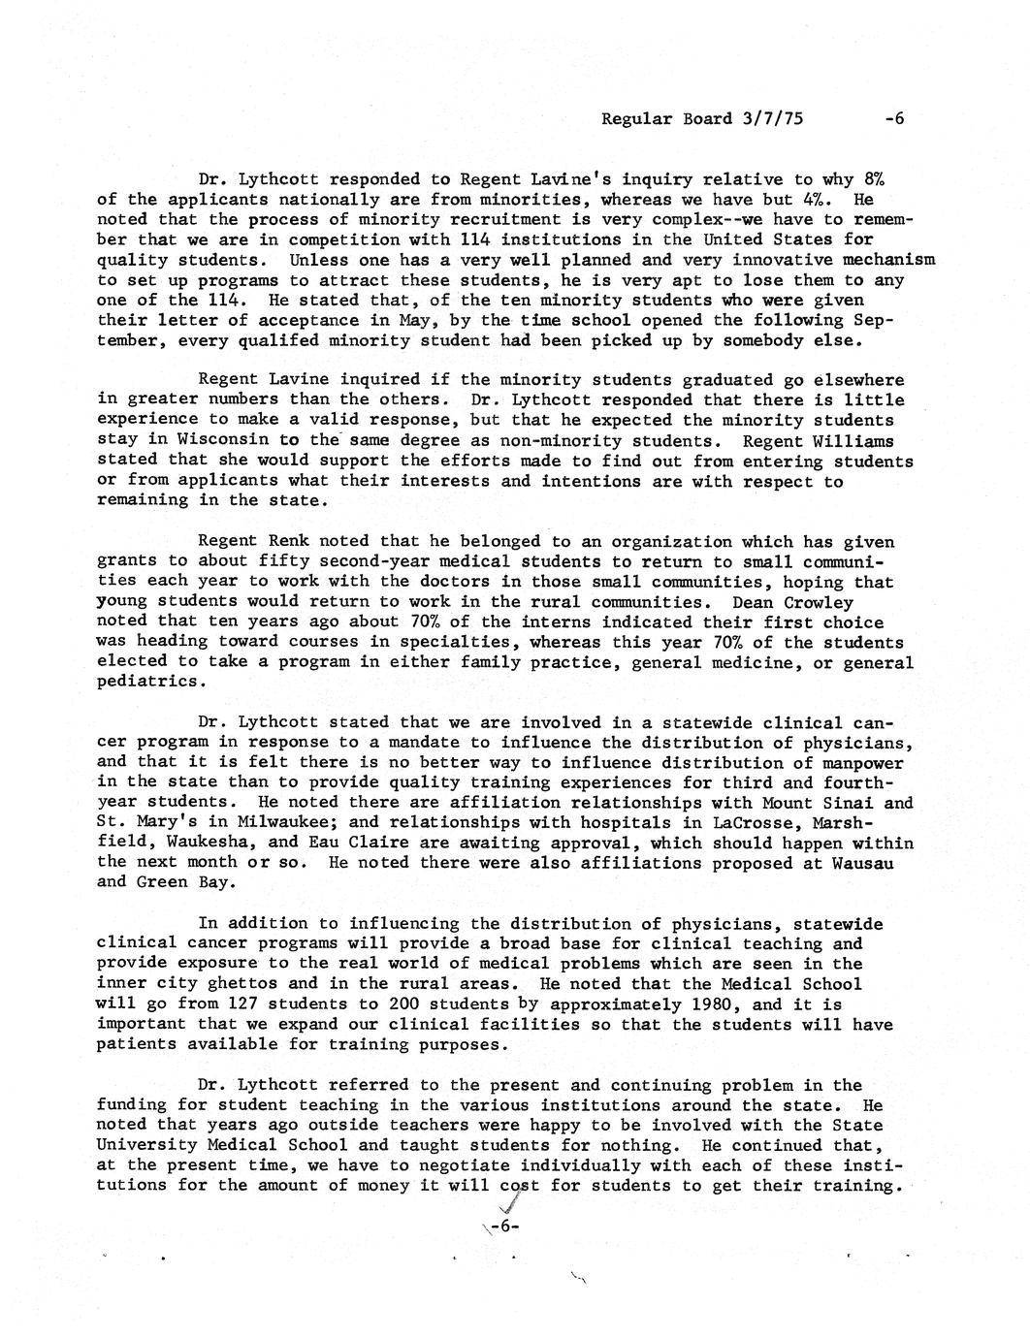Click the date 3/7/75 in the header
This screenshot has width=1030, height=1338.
(x=774, y=119)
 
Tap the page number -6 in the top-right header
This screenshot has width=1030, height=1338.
(x=893, y=119)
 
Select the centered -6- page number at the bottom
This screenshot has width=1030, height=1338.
(x=506, y=1226)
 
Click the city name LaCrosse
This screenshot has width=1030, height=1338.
(x=756, y=823)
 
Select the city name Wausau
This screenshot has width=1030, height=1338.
(x=858, y=863)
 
